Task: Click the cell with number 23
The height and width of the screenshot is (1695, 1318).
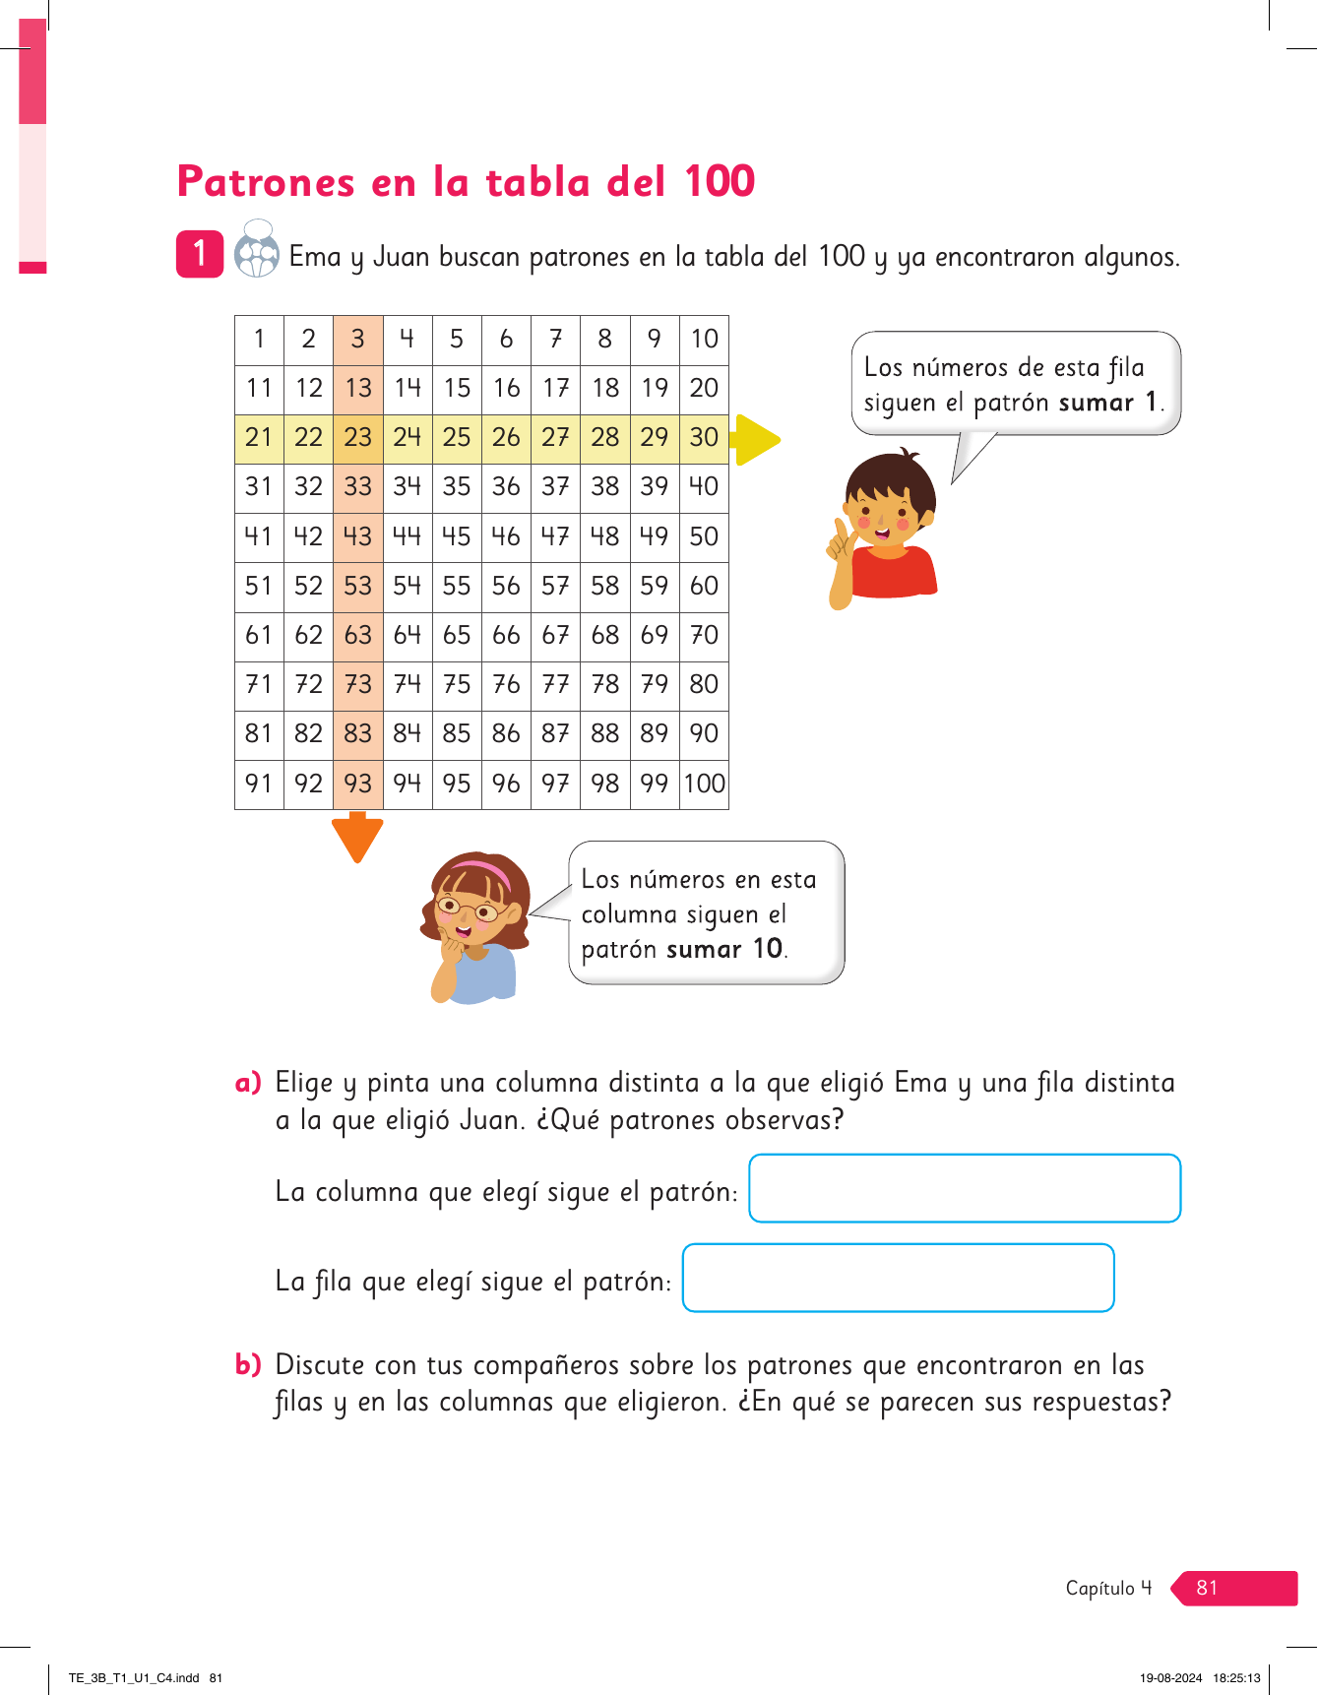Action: (358, 437)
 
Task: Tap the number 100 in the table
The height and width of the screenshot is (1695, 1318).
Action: (705, 784)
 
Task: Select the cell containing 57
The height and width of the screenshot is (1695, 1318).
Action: (555, 586)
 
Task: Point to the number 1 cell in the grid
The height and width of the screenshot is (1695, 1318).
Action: (259, 339)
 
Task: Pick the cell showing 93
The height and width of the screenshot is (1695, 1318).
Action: (358, 784)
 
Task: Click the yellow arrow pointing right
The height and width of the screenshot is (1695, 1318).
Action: (756, 439)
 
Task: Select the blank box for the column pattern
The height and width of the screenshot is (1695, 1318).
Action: (965, 1188)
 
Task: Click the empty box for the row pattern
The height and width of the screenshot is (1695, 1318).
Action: (898, 1278)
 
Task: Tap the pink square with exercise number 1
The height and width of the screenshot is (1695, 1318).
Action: (200, 254)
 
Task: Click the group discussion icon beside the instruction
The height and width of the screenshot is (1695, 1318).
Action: (257, 250)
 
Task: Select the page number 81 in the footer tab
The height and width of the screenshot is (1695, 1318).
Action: (1208, 1588)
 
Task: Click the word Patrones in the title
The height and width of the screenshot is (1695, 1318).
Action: (266, 182)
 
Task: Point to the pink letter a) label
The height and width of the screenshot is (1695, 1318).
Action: (248, 1083)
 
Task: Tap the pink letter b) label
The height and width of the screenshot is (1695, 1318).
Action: (248, 1365)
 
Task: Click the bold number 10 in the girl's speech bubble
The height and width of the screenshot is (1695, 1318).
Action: (767, 949)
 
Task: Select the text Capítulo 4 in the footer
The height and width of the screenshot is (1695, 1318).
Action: (1108, 1588)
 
